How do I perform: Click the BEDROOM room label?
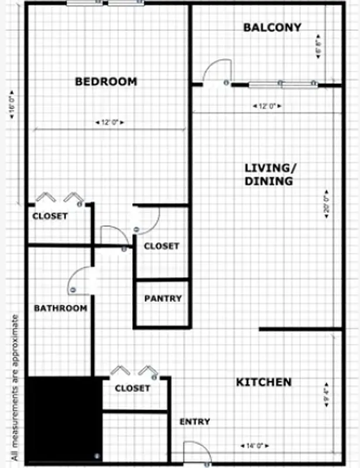(x=106, y=81)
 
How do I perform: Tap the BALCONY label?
(x=272, y=27)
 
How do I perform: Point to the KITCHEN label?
(x=263, y=382)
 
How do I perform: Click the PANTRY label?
(x=163, y=298)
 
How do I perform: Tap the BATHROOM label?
(x=60, y=308)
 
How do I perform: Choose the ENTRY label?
(x=195, y=421)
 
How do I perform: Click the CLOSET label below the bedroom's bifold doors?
(x=50, y=216)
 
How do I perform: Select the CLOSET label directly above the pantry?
(x=162, y=246)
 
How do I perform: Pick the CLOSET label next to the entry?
(x=132, y=388)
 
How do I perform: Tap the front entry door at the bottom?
(x=197, y=453)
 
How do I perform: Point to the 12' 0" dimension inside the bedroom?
(x=109, y=123)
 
